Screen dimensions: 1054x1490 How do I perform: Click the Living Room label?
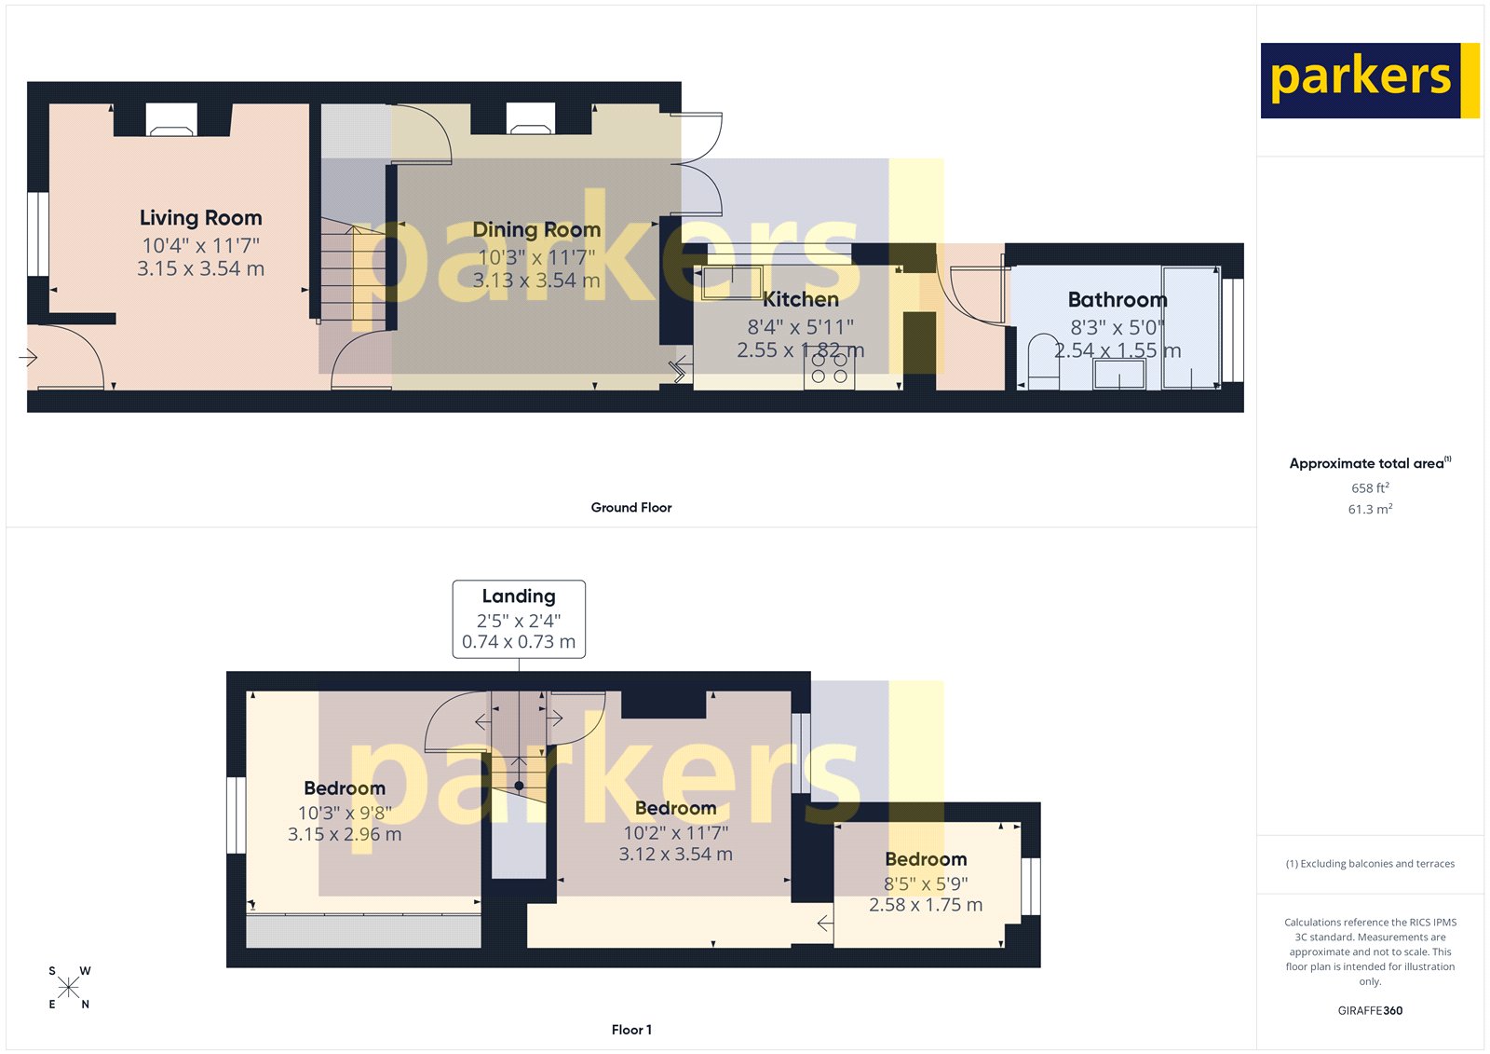[200, 218]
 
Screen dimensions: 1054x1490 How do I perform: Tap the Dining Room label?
[536, 230]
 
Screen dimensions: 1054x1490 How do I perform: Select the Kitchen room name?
[801, 299]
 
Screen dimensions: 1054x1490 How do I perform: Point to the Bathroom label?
[1117, 300]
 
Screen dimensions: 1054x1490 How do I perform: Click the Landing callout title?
[519, 596]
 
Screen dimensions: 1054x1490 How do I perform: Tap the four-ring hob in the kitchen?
[829, 369]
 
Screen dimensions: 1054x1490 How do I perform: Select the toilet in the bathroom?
[1042, 360]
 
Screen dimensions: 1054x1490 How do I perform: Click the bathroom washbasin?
[1119, 374]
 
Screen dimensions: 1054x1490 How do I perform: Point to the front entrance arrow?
[28, 357]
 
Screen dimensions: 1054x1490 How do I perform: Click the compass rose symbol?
[69, 988]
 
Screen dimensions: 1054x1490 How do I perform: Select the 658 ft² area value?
[1370, 488]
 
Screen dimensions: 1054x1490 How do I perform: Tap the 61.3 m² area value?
[1370, 510]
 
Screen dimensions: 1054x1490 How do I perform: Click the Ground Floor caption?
[630, 508]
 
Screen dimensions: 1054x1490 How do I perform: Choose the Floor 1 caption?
[631, 1030]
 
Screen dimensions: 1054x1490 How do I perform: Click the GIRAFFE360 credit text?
[1370, 1010]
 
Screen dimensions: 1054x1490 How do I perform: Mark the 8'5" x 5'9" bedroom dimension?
[926, 883]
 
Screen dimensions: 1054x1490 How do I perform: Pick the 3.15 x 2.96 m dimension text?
[345, 835]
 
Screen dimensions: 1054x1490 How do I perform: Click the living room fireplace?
[172, 120]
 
